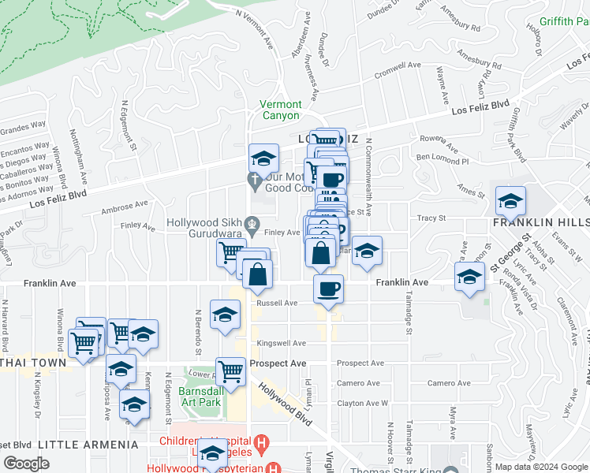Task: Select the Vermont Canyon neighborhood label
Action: click(281, 110)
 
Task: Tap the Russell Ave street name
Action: click(276, 303)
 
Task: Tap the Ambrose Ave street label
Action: click(125, 207)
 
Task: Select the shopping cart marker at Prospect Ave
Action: click(230, 370)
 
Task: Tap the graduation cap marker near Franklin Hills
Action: click(510, 201)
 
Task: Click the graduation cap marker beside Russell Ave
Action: click(225, 314)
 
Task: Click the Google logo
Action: click(26, 464)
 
